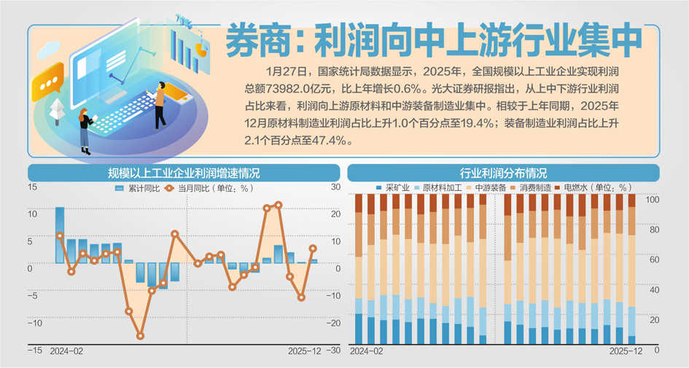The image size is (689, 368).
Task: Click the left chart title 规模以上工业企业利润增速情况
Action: click(x=183, y=173)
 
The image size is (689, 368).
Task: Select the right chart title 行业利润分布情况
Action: click(x=503, y=173)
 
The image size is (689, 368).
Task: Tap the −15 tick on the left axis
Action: click(x=34, y=351)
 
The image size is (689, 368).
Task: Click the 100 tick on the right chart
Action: click(x=653, y=200)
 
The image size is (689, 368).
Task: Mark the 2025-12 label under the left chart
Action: click(x=305, y=351)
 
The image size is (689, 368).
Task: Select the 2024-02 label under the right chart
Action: click(x=367, y=351)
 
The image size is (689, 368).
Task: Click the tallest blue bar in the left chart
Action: click(x=60, y=234)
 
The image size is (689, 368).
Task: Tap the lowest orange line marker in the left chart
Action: click(x=140, y=336)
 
